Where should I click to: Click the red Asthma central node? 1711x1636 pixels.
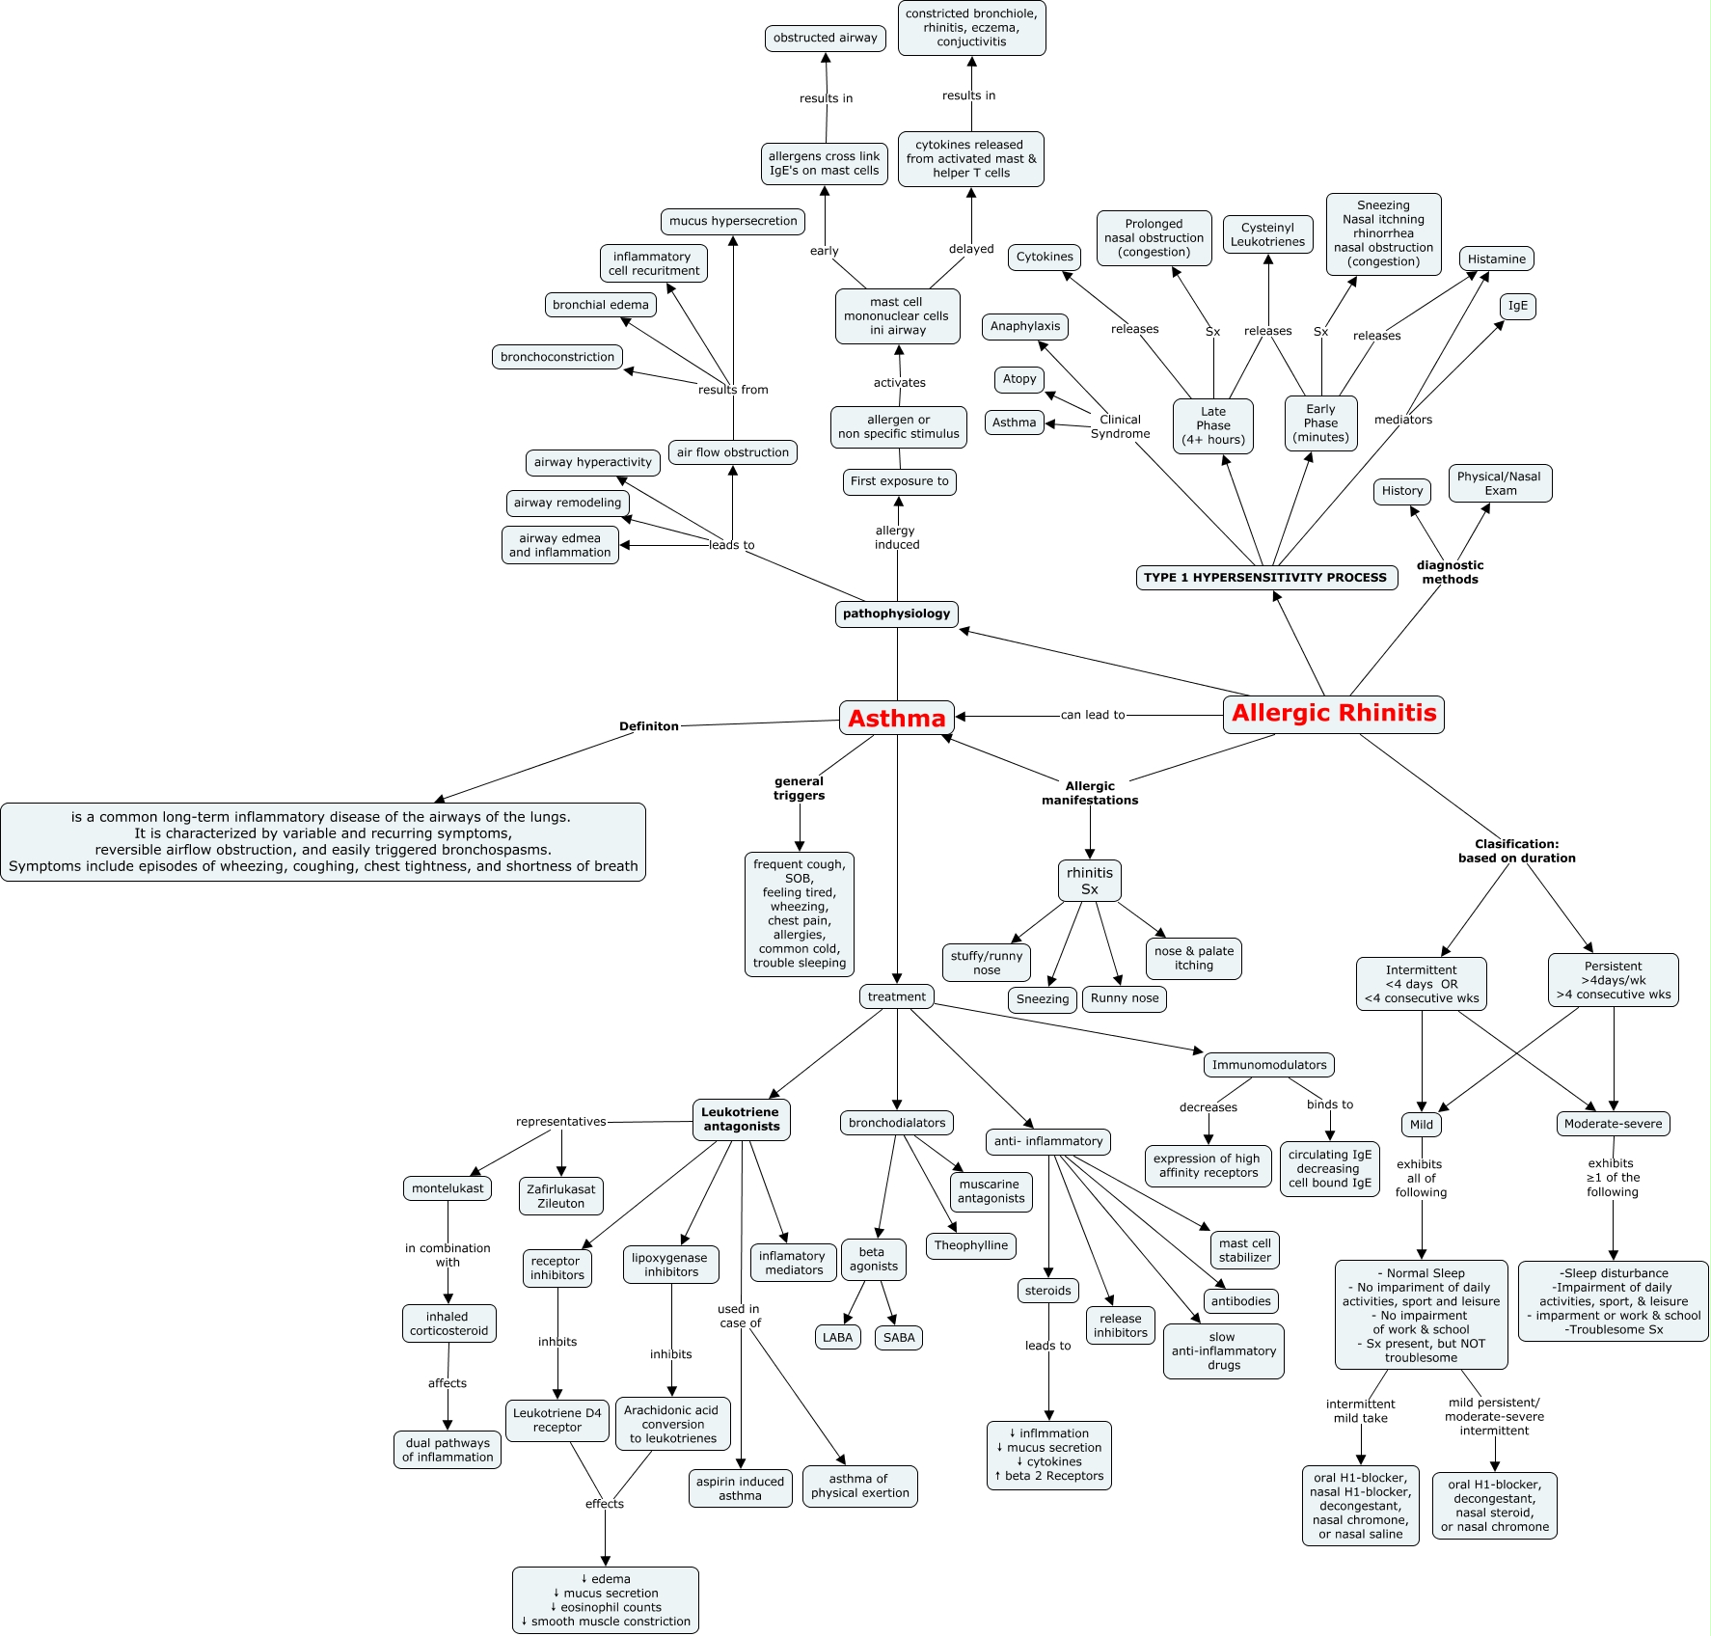896,718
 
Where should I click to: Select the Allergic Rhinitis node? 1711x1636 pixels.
1333,714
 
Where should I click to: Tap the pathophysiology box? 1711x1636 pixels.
896,613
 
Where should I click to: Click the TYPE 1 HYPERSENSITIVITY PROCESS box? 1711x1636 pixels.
1265,578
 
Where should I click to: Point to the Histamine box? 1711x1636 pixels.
1496,259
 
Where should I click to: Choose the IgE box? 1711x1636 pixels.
1517,306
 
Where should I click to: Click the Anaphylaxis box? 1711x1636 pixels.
1024,326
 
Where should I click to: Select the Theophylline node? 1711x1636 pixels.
970,1245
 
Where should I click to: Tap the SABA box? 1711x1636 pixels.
898,1338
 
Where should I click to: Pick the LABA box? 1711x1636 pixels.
837,1338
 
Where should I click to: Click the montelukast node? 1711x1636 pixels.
448,1188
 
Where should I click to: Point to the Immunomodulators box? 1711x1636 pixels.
1268,1065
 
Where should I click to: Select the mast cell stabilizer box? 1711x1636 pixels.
1244,1250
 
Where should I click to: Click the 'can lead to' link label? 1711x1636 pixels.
1092,715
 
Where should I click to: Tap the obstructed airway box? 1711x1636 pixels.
825,38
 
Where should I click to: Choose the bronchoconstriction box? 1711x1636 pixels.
557,357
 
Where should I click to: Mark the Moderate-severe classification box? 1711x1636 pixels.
1613,1124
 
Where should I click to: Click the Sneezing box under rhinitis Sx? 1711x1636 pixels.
1042,999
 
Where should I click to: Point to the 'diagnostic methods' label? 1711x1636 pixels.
1450,572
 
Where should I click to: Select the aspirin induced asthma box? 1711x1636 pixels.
740,1488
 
